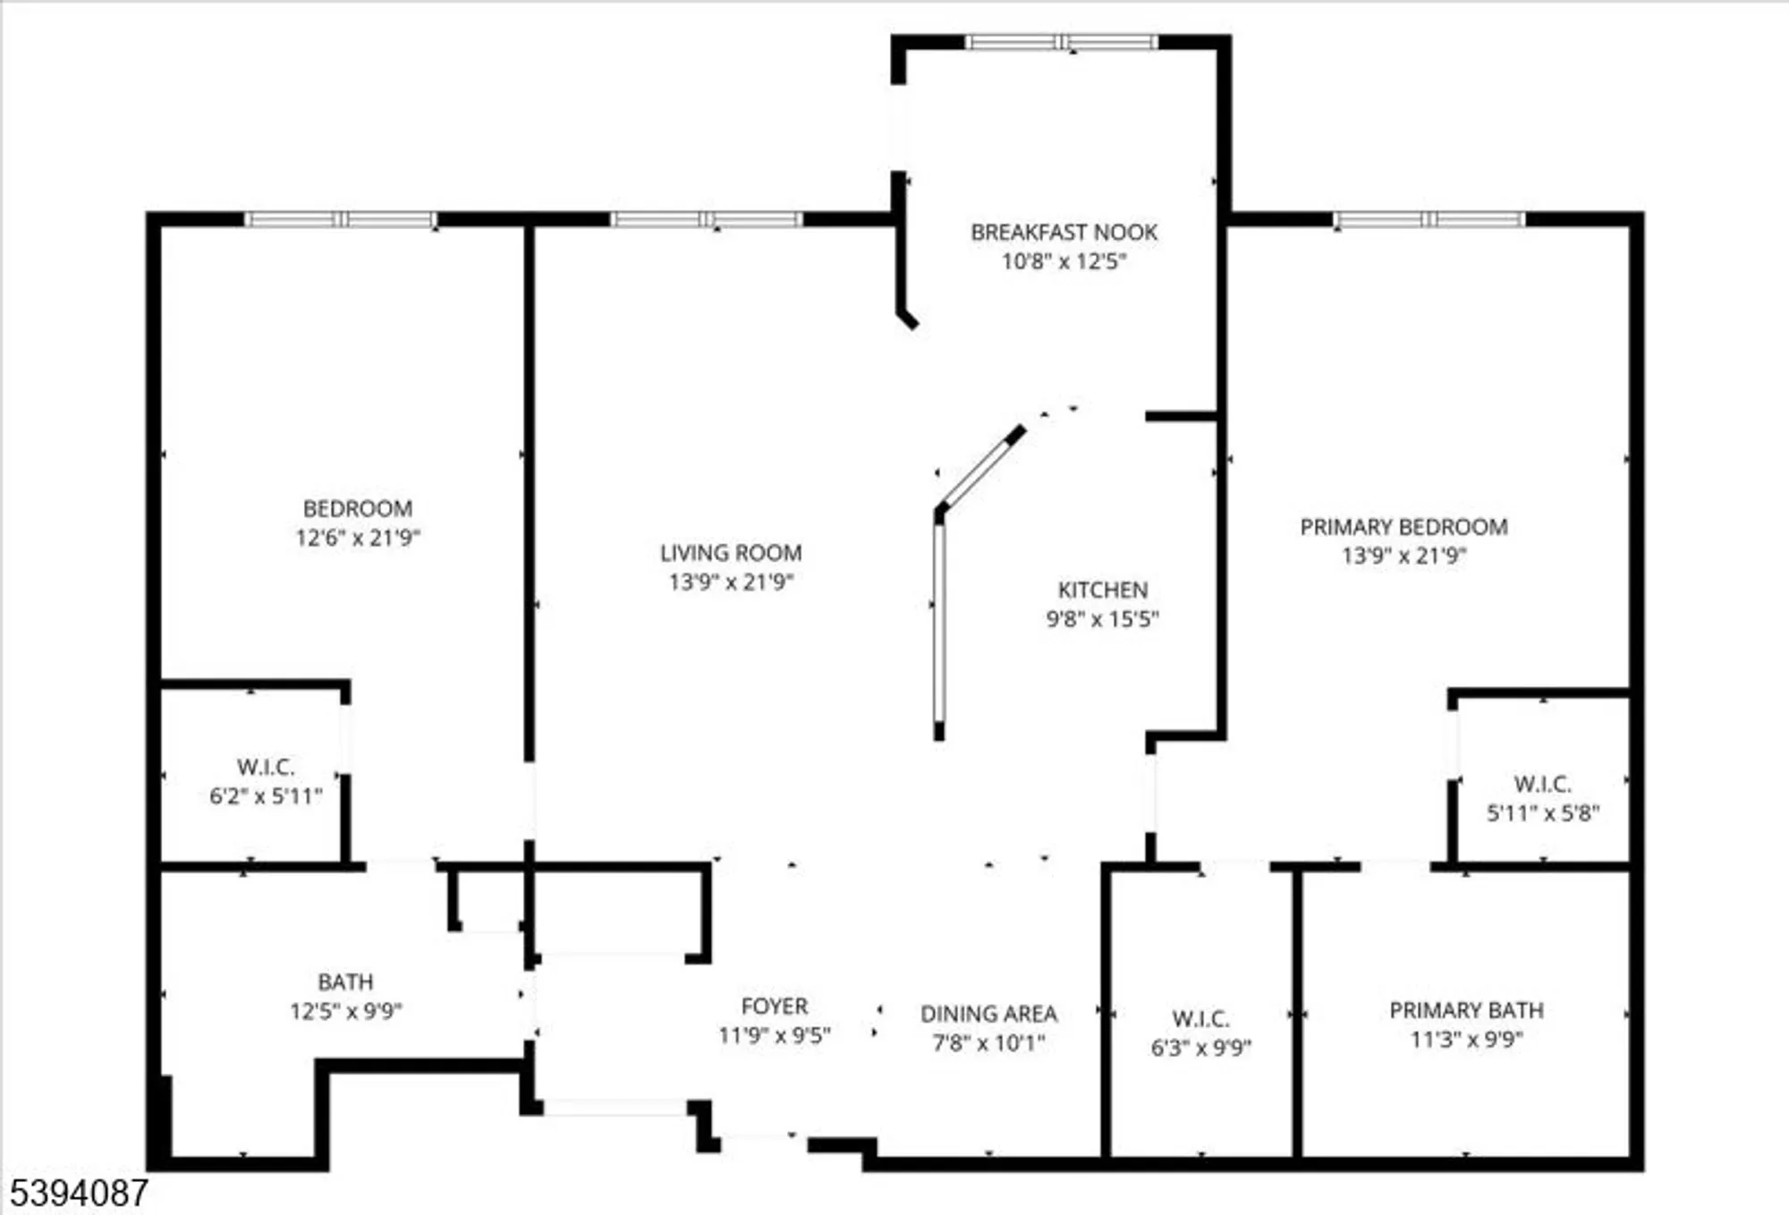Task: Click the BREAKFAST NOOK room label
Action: pos(1064,233)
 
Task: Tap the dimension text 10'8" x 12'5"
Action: pos(1064,262)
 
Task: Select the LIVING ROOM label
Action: pos(731,554)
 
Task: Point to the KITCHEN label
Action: pos(1102,591)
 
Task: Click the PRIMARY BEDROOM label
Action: pos(1403,527)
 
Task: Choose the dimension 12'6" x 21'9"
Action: pos(358,538)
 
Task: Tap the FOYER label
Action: pos(774,1007)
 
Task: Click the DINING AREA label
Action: pos(988,1015)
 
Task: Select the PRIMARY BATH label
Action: pos(1466,1011)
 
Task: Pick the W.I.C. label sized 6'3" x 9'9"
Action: pos(1200,1019)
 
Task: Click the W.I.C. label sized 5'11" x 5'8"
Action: pos(1542,785)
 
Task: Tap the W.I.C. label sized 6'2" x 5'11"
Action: pos(266,768)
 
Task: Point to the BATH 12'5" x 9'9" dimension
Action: pos(345,1012)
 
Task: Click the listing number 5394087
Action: pos(79,1194)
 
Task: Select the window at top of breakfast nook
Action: pos(1062,42)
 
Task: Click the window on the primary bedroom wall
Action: pos(1429,219)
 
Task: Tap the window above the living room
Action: pos(707,219)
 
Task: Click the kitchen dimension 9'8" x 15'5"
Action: pos(1102,619)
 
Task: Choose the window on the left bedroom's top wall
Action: pos(340,219)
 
